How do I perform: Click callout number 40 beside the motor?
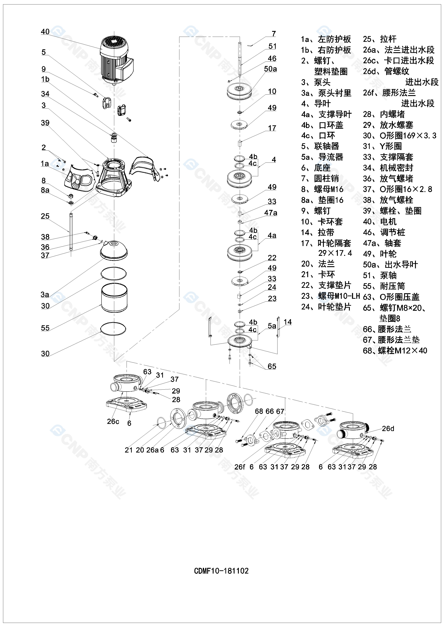45,32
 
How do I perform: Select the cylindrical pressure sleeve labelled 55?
114,298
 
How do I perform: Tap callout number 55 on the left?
45,328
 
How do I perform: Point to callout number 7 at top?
274,34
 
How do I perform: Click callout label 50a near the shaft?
270,69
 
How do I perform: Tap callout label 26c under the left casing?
113,421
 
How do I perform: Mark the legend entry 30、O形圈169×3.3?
399,136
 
